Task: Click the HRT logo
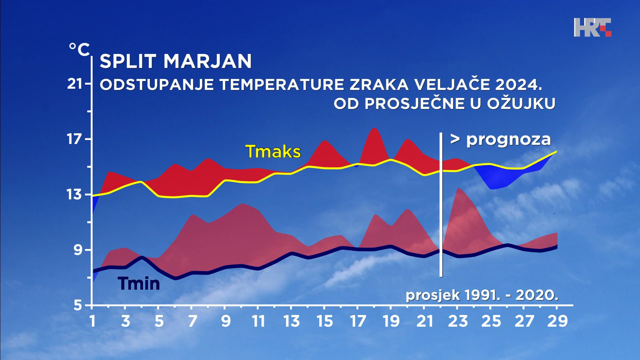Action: (592, 27)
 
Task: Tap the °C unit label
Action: (79, 50)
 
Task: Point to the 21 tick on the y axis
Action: (75, 84)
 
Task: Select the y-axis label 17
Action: (75, 139)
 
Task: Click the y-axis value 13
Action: (75, 194)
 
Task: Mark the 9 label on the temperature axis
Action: (78, 250)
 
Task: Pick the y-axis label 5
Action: (78, 305)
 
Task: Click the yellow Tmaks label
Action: (273, 152)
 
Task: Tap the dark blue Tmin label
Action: (139, 284)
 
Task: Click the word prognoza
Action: (508, 140)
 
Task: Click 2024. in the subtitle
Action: (519, 84)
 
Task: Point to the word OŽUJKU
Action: (521, 104)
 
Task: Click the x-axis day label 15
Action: (325, 321)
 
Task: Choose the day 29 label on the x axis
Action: (558, 321)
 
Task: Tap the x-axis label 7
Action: (192, 321)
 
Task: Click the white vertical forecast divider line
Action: (441, 205)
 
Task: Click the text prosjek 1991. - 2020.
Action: (482, 295)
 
